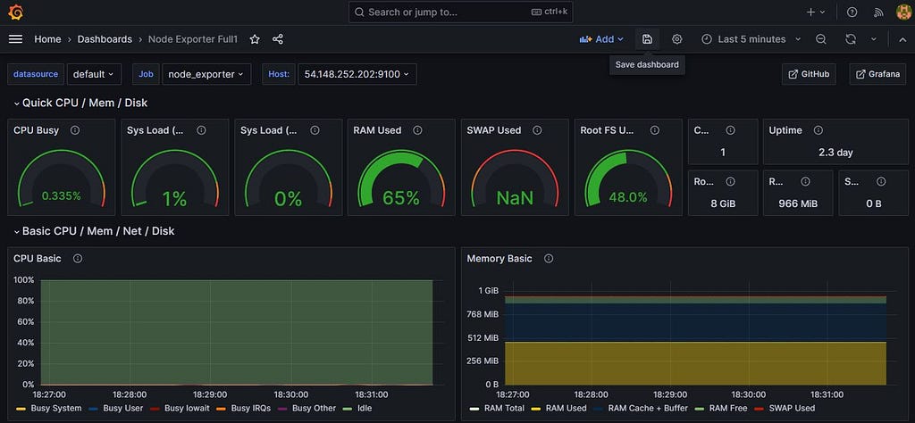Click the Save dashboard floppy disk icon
[647, 39]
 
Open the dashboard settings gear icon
[677, 39]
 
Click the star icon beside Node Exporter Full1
[255, 39]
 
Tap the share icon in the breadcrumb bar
[278, 39]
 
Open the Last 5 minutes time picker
[751, 39]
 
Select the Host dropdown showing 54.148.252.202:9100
[357, 74]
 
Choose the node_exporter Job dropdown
[206, 74]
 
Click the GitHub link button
[810, 74]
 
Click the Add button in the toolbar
[601, 39]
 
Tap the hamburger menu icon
[16, 39]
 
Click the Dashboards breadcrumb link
[105, 39]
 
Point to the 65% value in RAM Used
[401, 198]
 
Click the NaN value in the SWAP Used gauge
[515, 198]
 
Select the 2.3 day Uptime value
[835, 153]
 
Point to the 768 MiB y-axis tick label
[482, 314]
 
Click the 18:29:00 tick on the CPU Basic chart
[209, 394]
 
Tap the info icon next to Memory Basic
[549, 259]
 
